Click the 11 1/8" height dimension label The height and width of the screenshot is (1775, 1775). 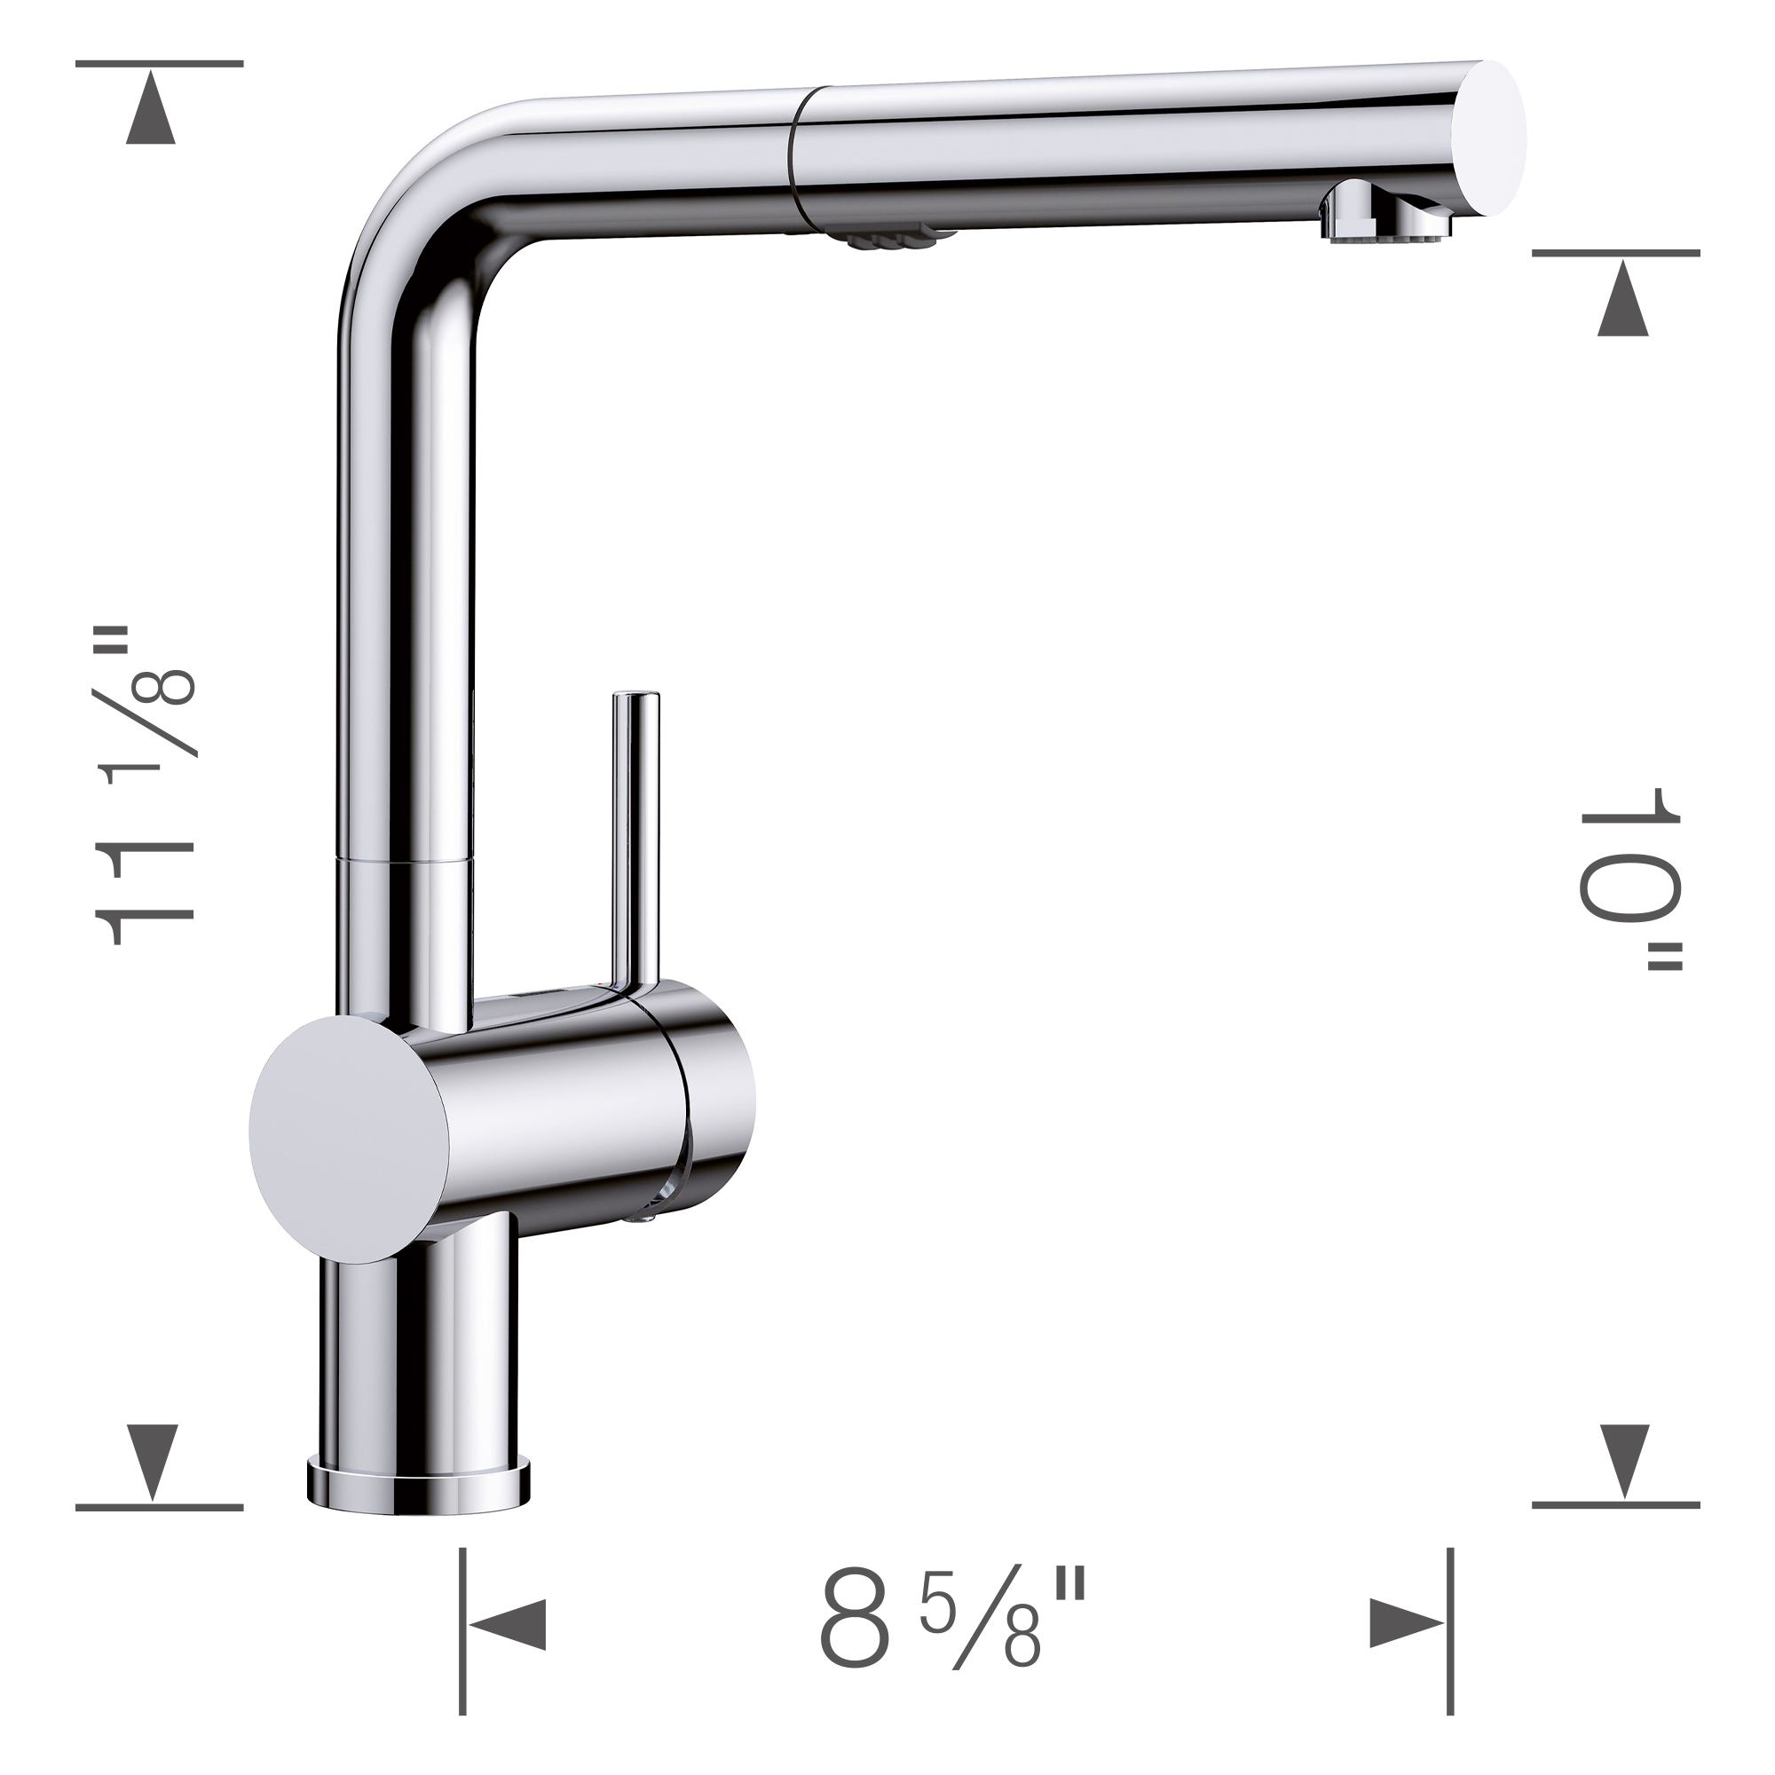[146, 786]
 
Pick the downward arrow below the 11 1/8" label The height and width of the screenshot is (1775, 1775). [151, 1473]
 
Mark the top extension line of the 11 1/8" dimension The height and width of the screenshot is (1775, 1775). [158, 63]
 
